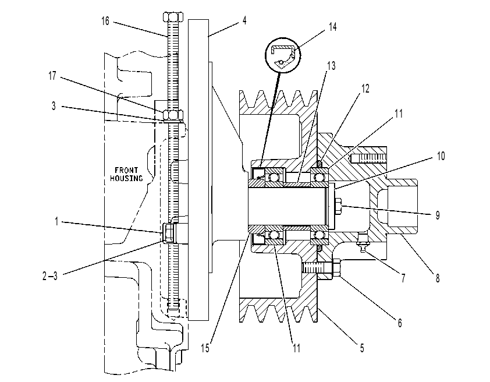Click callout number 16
pyautogui.click(x=105, y=22)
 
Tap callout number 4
pyautogui.click(x=244, y=20)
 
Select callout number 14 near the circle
pyautogui.click(x=332, y=27)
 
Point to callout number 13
pyautogui.click(x=331, y=66)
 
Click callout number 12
pyautogui.click(x=365, y=89)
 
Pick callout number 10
pyautogui.click(x=441, y=156)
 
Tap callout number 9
pyautogui.click(x=438, y=215)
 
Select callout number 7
pyautogui.click(x=403, y=278)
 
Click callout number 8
pyautogui.click(x=438, y=278)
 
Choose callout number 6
pyautogui.click(x=400, y=323)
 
